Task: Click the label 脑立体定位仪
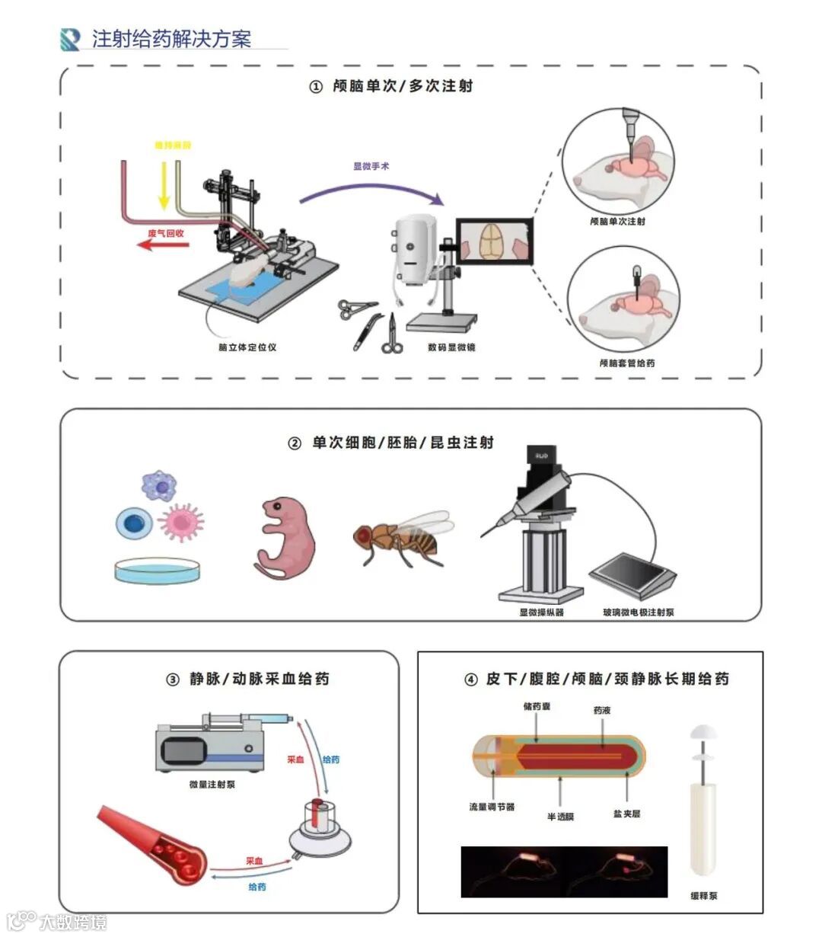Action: pos(247,347)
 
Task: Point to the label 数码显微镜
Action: pos(451,347)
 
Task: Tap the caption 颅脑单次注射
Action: pos(617,222)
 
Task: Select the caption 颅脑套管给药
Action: pos(626,363)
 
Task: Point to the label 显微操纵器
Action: pos(541,612)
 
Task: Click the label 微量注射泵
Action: pos(212,784)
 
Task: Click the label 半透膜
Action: pos(560,817)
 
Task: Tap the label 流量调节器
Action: pos(492,807)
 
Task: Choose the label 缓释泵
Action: pos(704,896)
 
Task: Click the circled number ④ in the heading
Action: pos(471,680)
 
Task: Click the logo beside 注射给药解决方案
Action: pos(70,39)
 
